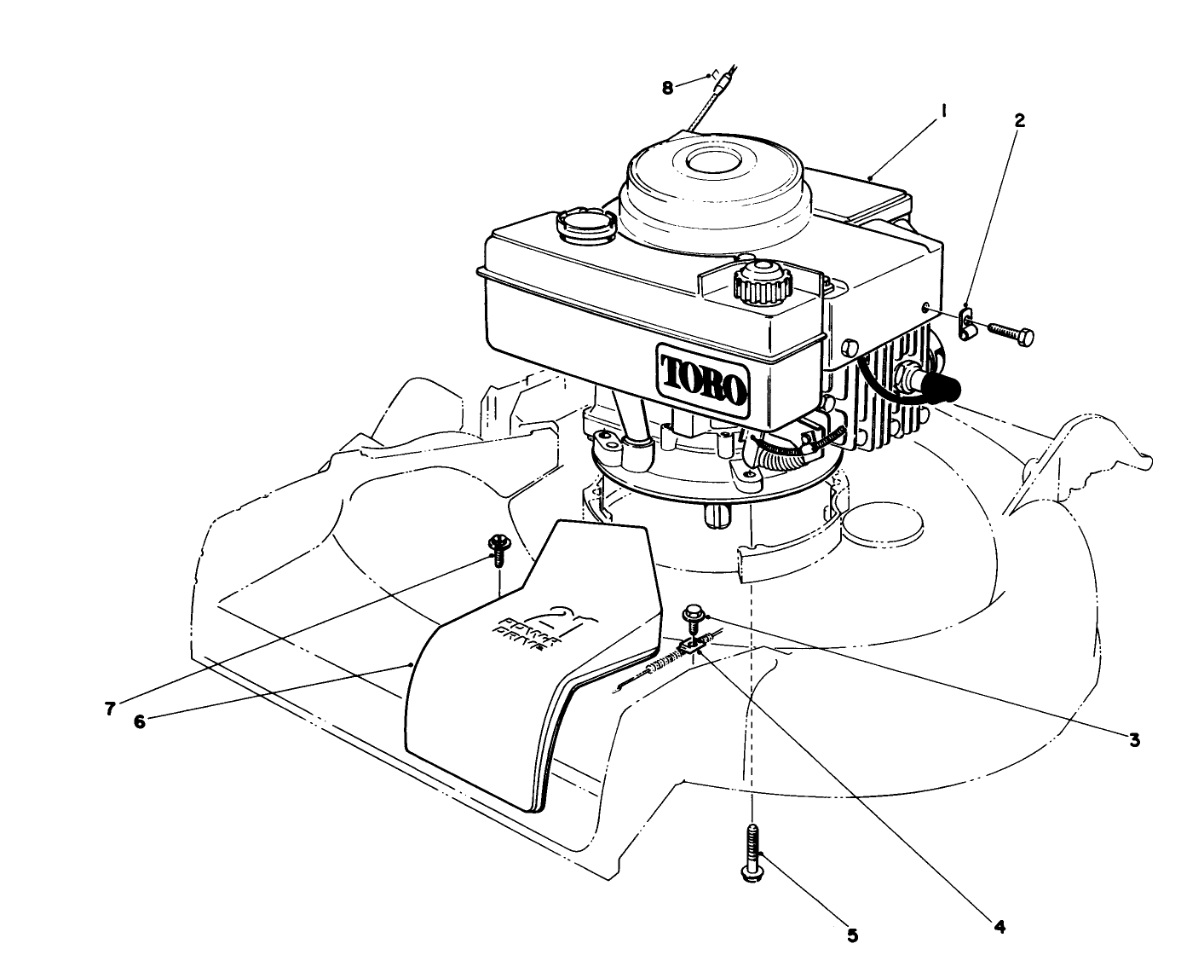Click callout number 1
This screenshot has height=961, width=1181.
(945, 110)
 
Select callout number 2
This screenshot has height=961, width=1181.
(1018, 119)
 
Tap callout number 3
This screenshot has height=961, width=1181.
(1134, 738)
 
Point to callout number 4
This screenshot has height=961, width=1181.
(1000, 923)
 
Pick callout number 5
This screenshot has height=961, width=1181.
(852, 935)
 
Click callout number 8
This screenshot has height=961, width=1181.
(667, 87)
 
